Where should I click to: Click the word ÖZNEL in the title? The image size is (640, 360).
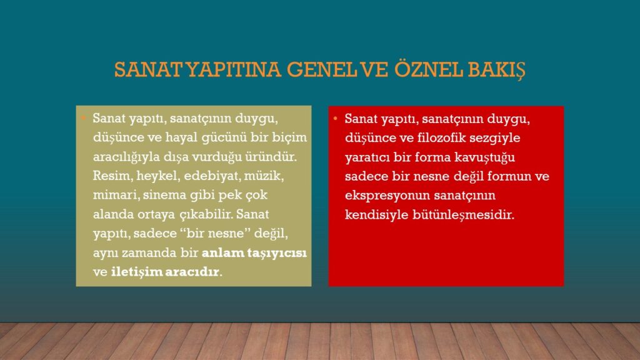pos(428,69)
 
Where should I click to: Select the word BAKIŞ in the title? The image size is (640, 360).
pos(496,70)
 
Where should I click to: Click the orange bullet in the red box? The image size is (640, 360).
pos(336,118)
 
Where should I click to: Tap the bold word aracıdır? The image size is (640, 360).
pos(192,272)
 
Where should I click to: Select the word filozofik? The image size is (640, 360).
pos(441,137)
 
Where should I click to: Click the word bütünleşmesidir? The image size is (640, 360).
pos(463,215)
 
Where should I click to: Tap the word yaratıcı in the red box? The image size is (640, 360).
pos(367,157)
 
